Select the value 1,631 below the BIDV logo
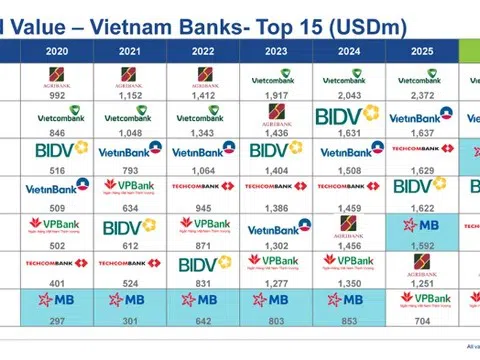[x=347, y=130]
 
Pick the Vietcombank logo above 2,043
[x=347, y=74]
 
